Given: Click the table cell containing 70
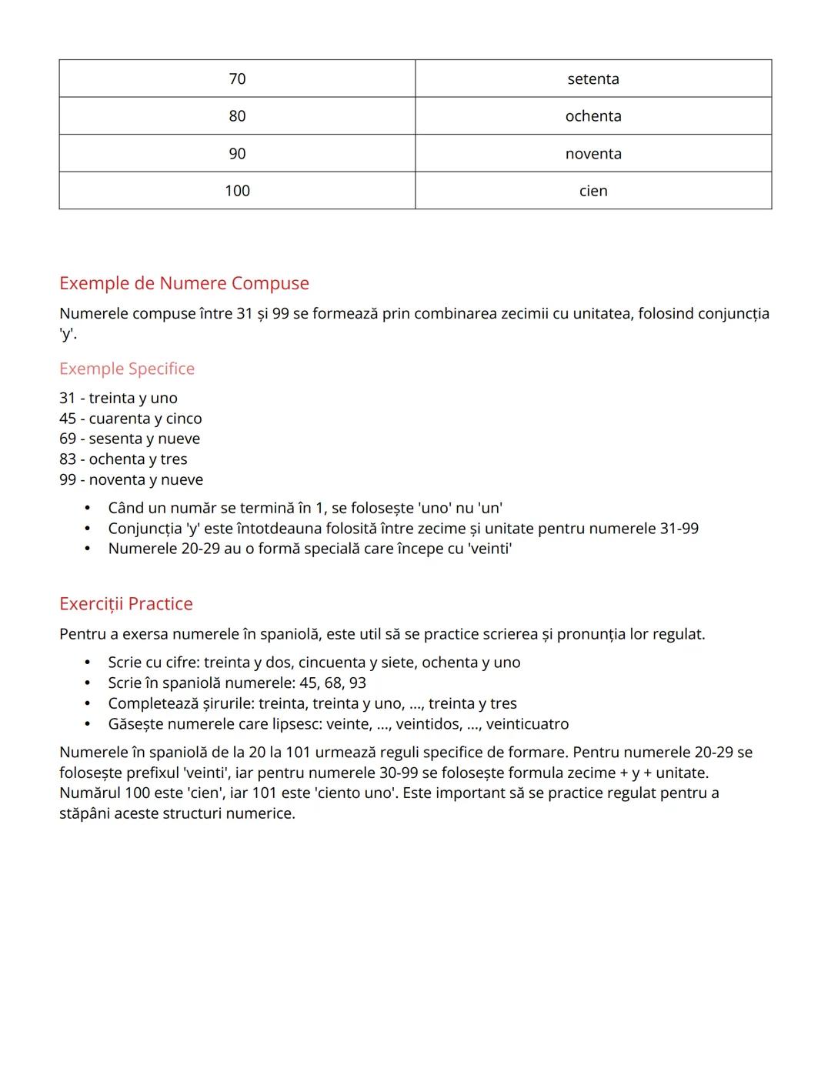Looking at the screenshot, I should click(237, 78).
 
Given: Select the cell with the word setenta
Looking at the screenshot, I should click(592, 78).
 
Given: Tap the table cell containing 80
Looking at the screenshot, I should click(237, 116).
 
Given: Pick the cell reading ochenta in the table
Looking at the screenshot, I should click(592, 116).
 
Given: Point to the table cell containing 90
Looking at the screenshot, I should click(237, 153).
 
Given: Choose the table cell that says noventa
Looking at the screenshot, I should click(592, 153).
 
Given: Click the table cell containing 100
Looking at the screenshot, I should click(237, 191).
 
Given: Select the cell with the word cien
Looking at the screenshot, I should click(592, 191).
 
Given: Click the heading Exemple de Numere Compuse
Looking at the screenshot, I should click(184, 283).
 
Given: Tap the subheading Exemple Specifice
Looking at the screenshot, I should click(127, 369).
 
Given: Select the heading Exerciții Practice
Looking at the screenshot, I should click(126, 604).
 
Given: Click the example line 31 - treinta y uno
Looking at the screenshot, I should click(118, 398).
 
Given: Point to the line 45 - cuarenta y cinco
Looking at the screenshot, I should click(131, 419).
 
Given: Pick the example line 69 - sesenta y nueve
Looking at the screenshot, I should click(129, 439).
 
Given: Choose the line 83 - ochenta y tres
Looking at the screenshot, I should click(123, 459).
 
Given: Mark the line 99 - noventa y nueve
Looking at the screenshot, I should click(132, 479).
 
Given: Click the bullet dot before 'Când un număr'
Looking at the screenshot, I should click(88, 509).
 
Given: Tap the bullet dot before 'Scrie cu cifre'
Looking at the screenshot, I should click(88, 663).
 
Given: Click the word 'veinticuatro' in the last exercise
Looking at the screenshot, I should click(527, 724).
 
